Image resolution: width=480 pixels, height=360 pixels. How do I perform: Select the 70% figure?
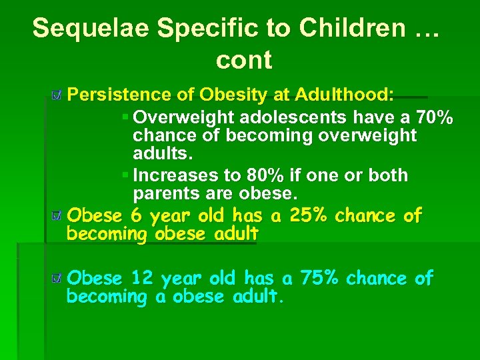pyautogui.click(x=435, y=118)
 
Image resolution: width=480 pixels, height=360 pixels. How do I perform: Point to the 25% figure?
pyautogui.click(x=310, y=216)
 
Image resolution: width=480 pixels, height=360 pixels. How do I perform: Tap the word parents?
pyautogui.click(x=161, y=194)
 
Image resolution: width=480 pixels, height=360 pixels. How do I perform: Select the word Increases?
pyautogui.click(x=172, y=175)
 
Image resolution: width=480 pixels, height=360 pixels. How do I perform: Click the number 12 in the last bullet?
pyautogui.click(x=142, y=278)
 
